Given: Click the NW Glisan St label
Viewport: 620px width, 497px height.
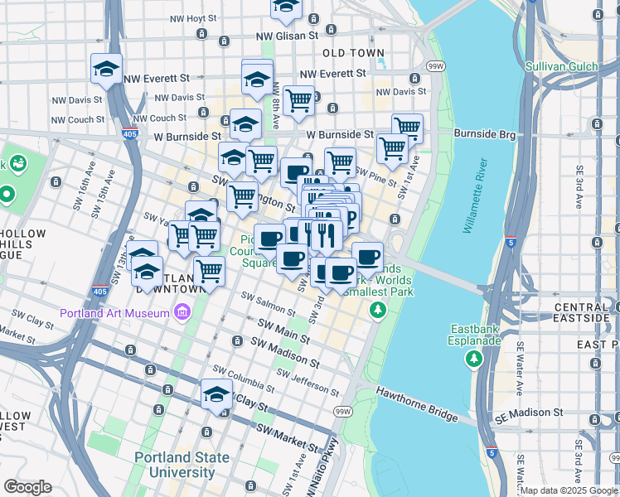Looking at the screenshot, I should pos(287,36).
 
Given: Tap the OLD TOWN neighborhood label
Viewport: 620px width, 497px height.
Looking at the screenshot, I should pos(354,53).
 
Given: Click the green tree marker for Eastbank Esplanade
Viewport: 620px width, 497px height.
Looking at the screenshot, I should pos(473,359).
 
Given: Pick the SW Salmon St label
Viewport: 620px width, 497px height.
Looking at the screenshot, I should pos(269,302).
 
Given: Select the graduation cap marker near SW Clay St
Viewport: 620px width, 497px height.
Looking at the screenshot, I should pos(216,394).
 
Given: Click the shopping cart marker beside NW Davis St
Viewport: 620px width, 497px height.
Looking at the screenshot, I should pos(298,101).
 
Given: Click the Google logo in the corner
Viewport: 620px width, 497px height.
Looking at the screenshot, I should pos(27,487).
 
